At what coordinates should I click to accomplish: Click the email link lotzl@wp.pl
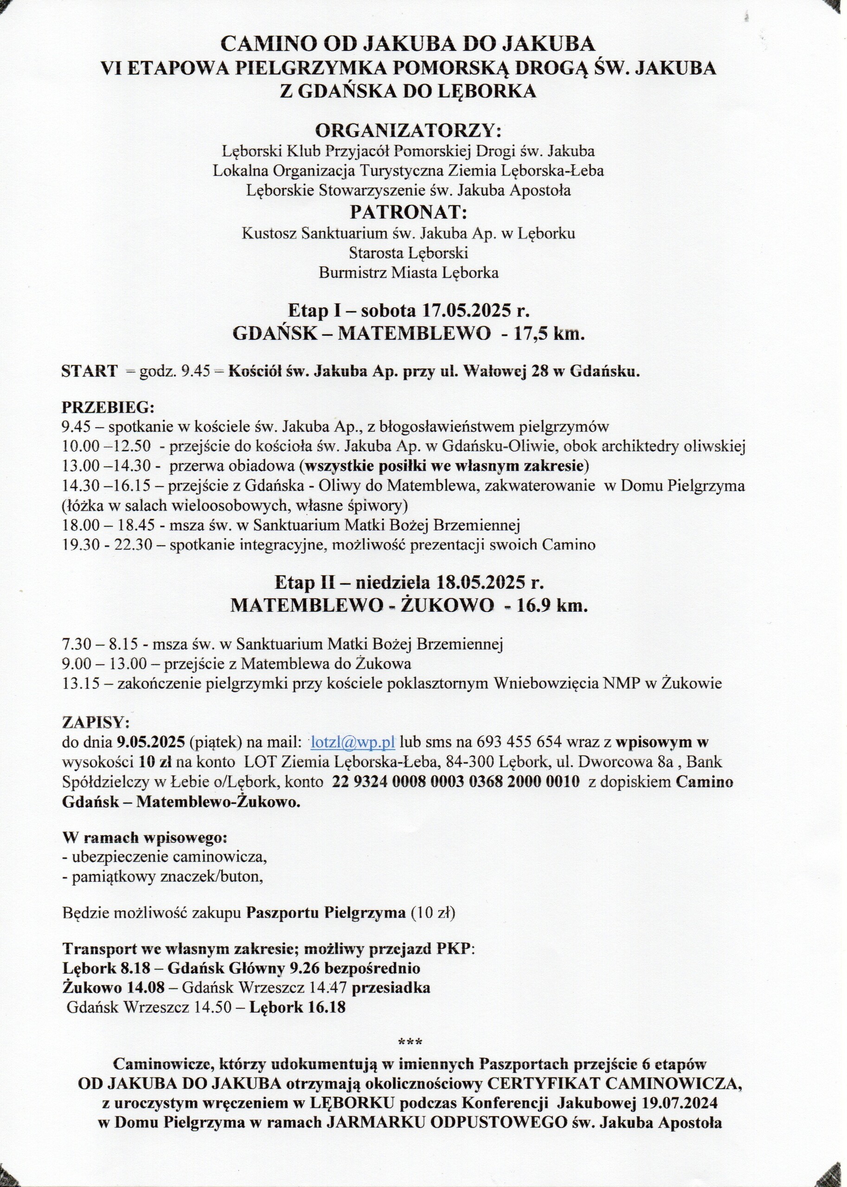tap(353, 742)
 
